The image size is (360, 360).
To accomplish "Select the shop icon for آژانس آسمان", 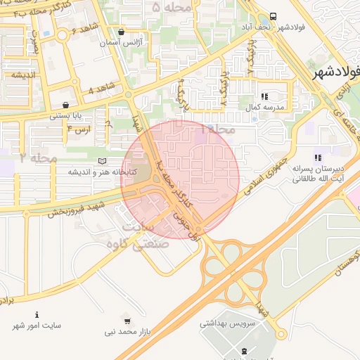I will tap(122, 32).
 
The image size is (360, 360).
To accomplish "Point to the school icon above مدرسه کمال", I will tap(264, 96).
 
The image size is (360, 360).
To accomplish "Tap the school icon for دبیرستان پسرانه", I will tap(317, 157).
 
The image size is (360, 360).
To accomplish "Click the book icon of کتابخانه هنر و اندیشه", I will tap(103, 162).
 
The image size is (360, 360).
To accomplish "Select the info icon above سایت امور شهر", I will tap(37, 314).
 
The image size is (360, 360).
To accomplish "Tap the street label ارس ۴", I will tap(79, 129).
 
